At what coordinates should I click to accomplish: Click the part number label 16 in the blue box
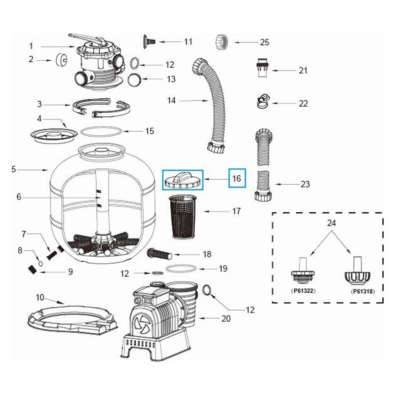click(x=237, y=178)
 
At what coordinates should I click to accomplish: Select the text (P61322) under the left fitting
click(x=303, y=291)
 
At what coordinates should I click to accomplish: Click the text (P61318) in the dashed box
click(x=362, y=291)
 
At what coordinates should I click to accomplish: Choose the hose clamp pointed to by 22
click(x=262, y=102)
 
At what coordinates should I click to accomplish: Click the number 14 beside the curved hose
click(x=171, y=101)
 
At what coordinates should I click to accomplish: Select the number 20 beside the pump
click(x=226, y=319)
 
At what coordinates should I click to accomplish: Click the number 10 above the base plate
click(x=40, y=297)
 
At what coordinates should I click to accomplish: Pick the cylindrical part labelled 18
click(x=159, y=254)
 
